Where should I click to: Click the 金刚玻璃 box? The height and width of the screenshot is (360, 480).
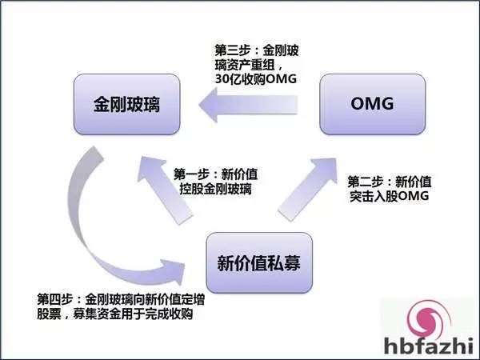click(126, 104)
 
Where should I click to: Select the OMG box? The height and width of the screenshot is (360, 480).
click(373, 104)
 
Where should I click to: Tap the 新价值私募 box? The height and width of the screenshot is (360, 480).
click(259, 262)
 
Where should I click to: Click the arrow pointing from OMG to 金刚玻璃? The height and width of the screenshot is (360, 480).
click(248, 105)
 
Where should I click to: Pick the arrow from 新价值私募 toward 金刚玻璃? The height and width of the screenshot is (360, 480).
click(166, 190)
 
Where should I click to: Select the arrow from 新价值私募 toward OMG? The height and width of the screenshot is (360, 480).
click(308, 189)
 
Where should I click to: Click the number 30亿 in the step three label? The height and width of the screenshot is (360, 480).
click(228, 79)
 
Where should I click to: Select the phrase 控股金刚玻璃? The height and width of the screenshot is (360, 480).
click(215, 189)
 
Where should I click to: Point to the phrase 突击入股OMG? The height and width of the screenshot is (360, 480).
click(389, 196)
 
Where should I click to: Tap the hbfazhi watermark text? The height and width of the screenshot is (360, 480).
click(429, 345)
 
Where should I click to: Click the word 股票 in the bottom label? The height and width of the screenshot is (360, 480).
click(49, 314)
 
